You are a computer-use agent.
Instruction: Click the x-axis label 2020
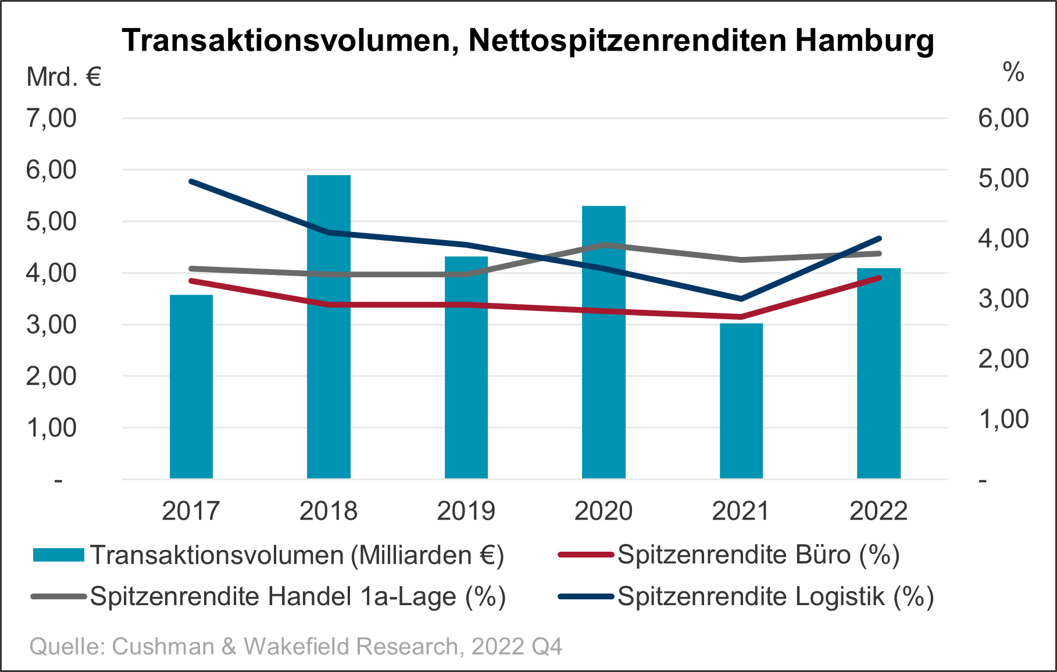(604, 511)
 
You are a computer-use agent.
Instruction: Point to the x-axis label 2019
(466, 511)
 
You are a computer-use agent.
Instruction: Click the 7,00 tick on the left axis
(51, 119)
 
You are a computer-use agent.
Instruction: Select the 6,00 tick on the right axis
(1004, 119)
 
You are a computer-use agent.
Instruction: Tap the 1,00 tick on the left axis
(51, 428)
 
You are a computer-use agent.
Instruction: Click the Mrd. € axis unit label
(64, 77)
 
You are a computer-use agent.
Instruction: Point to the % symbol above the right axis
(1013, 73)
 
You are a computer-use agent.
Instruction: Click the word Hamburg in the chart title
(864, 41)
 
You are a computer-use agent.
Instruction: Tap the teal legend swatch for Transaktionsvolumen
(59, 555)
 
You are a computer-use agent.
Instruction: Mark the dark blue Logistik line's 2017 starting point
(191, 181)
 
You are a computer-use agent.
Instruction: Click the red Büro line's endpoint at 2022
(879, 278)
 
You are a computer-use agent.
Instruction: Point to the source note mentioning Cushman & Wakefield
(296, 646)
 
